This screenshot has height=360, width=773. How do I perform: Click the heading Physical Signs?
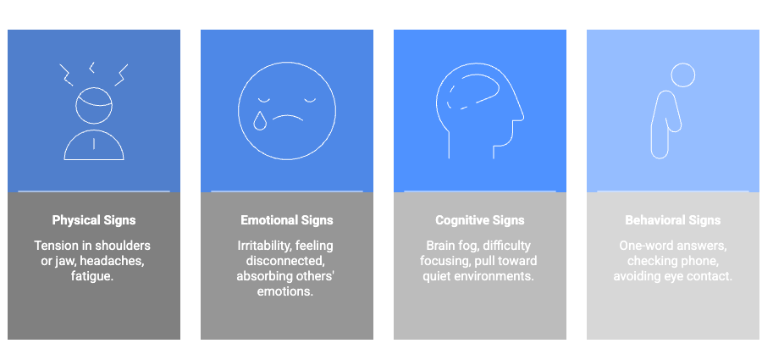click(x=94, y=220)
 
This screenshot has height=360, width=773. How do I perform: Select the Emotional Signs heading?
click(x=287, y=220)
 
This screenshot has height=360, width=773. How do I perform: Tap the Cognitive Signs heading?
click(x=480, y=220)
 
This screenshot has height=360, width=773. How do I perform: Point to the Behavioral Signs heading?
click(x=673, y=220)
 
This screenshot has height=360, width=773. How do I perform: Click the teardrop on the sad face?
click(x=259, y=121)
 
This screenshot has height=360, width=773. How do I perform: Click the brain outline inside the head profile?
click(x=473, y=91)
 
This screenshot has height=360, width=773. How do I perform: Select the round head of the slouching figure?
click(x=682, y=75)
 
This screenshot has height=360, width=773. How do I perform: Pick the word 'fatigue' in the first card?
click(x=91, y=276)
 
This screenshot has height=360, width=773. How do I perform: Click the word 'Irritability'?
click(x=264, y=246)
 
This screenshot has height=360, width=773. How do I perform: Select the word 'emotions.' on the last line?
click(x=285, y=291)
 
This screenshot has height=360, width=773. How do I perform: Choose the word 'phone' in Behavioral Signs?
click(x=698, y=261)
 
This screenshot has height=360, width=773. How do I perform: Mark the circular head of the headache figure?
click(x=94, y=105)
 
